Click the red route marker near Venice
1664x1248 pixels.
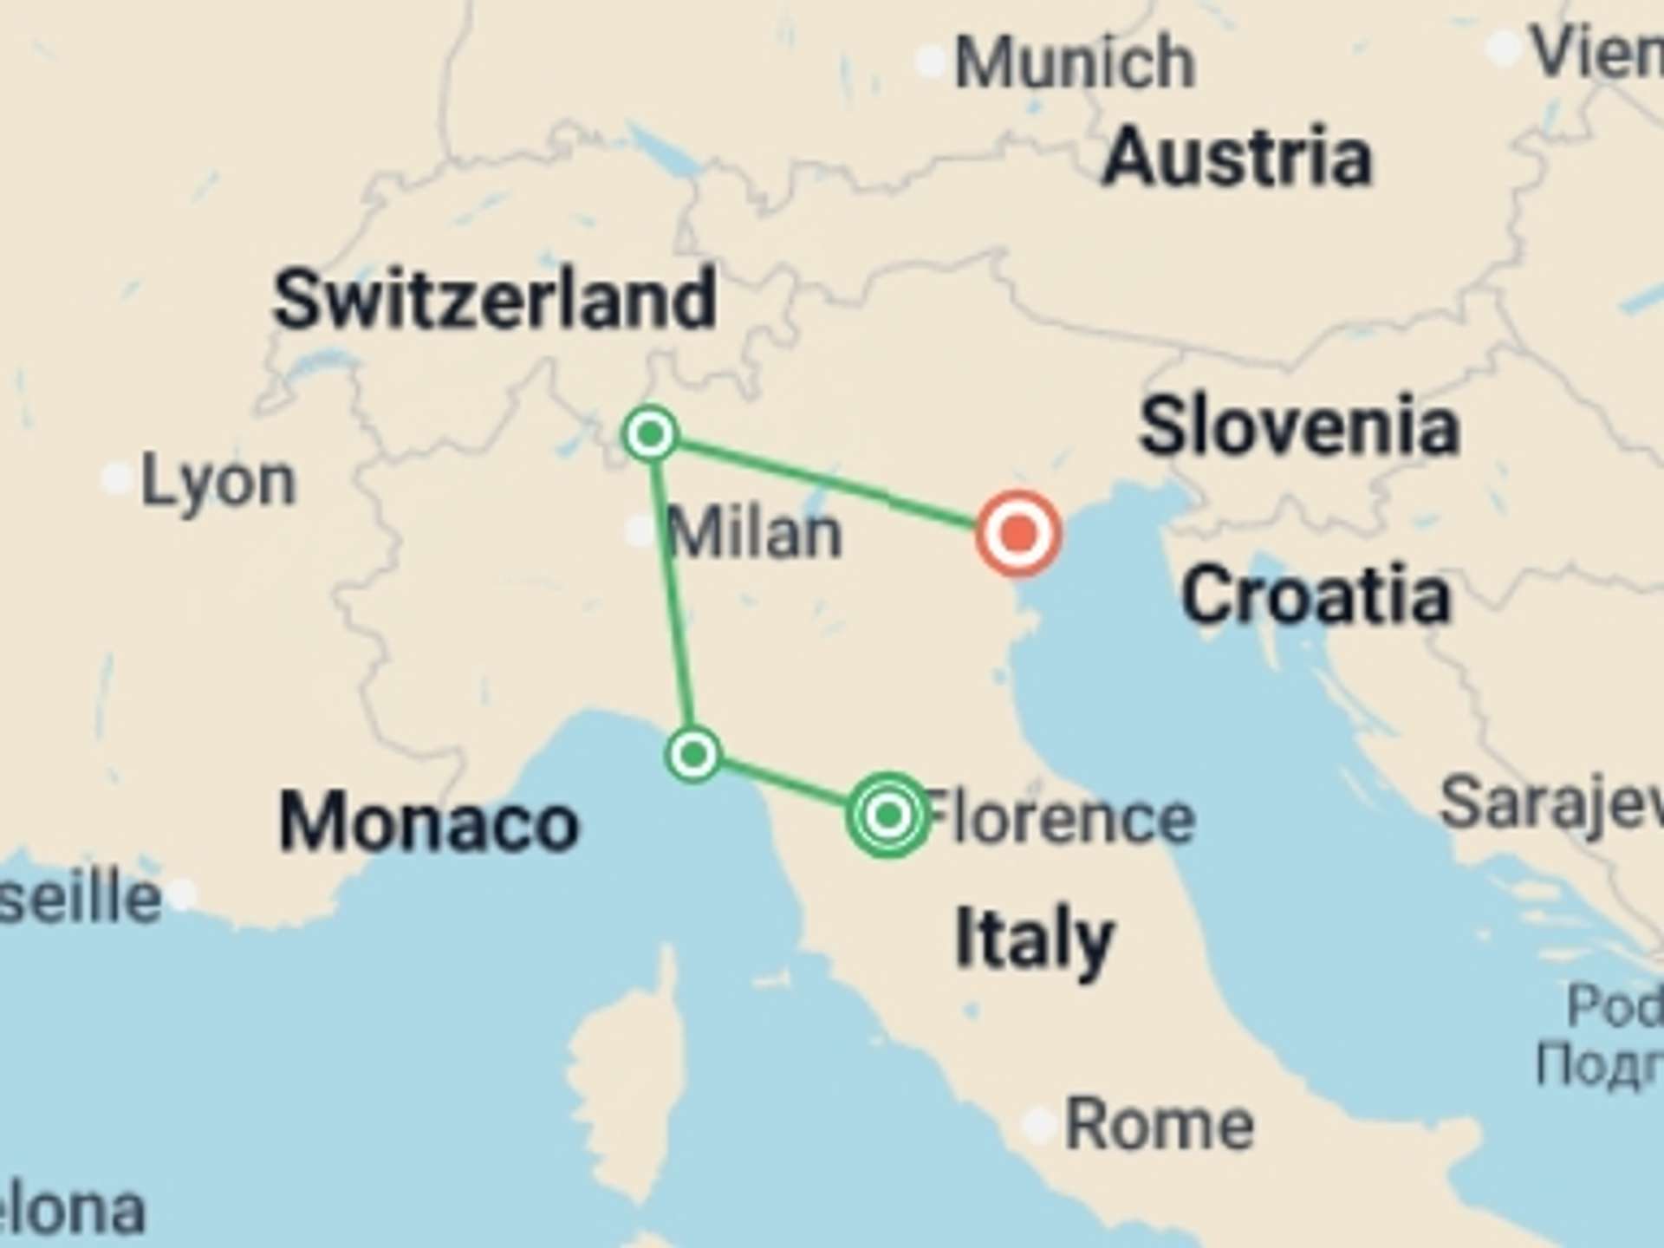click(x=1018, y=534)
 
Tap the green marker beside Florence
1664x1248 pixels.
click(x=888, y=815)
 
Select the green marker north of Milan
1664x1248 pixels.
click(x=651, y=432)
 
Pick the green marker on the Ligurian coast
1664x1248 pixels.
click(x=693, y=755)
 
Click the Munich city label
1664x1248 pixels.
click(x=1075, y=62)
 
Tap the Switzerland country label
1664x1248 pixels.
click(x=495, y=300)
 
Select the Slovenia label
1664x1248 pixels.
click(x=1299, y=426)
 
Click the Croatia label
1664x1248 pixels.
click(x=1316, y=596)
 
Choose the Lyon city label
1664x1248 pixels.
click(x=218, y=482)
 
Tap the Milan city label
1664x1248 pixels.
click(x=754, y=534)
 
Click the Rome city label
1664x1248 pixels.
click(x=1160, y=1125)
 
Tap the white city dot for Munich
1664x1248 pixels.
click(x=931, y=62)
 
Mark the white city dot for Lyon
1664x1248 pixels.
click(x=117, y=478)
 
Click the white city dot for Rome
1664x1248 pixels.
click(x=1037, y=1124)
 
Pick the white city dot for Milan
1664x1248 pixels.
click(x=640, y=530)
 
